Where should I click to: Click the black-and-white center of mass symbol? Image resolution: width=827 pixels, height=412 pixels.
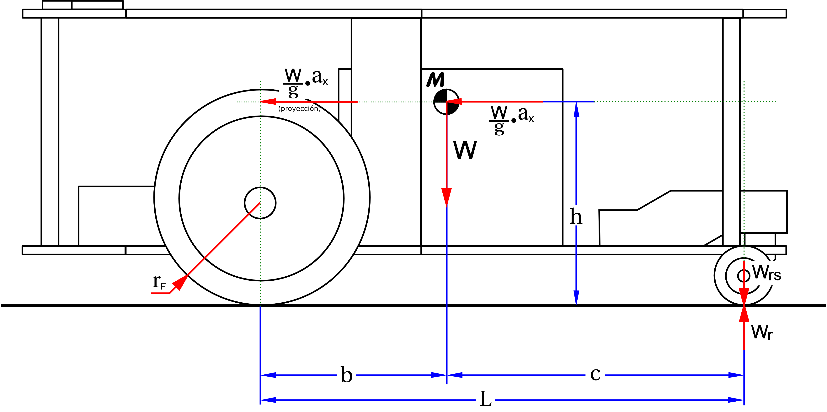446,102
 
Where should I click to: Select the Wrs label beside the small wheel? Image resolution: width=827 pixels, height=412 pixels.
767,273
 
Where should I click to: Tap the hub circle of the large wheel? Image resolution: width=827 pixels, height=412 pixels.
260,203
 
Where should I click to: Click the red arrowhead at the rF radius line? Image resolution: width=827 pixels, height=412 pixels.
180,282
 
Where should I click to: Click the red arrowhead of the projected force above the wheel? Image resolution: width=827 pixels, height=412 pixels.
268,102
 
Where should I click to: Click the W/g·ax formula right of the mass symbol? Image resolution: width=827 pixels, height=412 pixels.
511,119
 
